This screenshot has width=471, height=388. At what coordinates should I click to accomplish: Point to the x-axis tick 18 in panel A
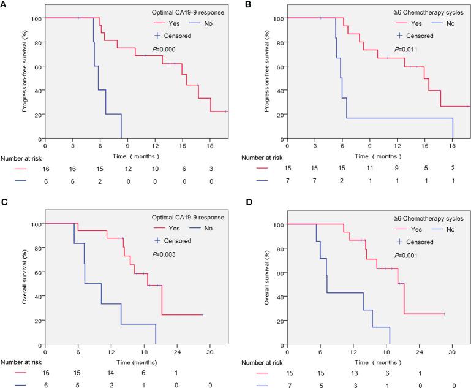click(x=209, y=147)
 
